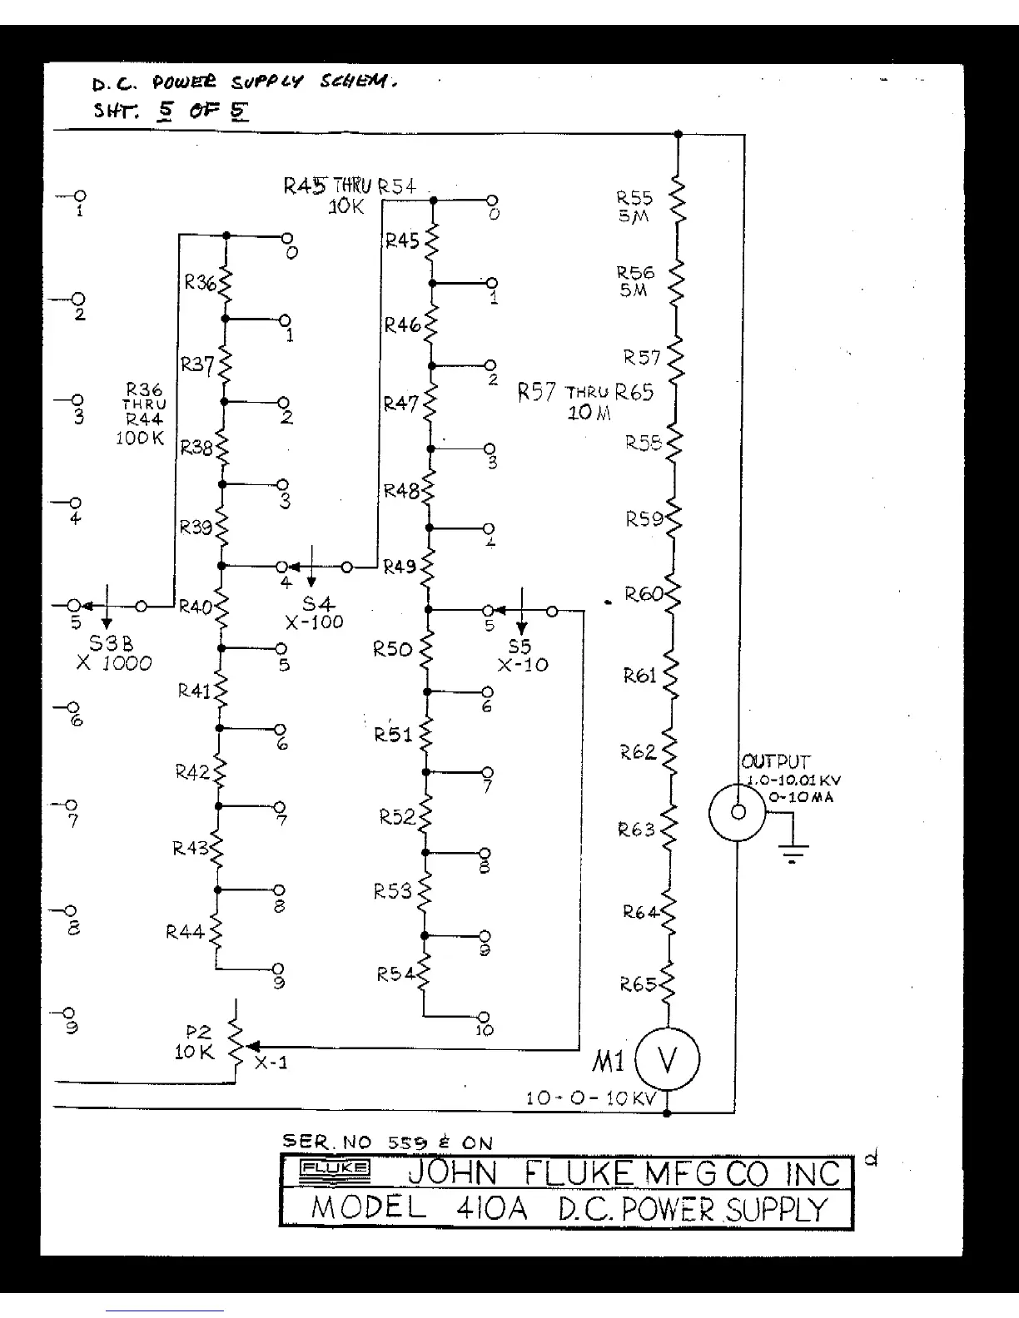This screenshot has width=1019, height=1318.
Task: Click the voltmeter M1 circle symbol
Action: [668, 1059]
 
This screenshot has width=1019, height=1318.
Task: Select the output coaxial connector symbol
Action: [738, 811]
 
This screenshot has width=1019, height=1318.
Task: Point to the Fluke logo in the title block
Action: [336, 1168]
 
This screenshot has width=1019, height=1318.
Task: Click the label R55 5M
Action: [634, 206]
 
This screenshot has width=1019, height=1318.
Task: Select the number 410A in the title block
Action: [491, 1208]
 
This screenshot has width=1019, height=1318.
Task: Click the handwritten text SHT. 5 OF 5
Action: [171, 111]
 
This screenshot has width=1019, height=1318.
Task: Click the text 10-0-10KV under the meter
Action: [590, 1098]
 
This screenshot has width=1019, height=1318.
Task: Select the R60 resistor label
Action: [643, 594]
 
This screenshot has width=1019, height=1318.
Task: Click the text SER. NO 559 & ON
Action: [387, 1143]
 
